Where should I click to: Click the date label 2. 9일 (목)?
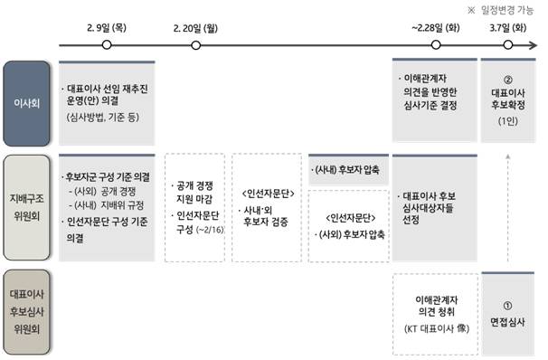point(107,28)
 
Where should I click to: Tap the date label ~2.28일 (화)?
point(436,28)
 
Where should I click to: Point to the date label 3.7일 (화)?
point(507,28)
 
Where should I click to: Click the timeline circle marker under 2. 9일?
point(107,44)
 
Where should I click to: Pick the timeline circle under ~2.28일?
point(436,44)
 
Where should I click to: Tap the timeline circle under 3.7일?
point(507,44)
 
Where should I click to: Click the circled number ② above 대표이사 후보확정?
point(507,79)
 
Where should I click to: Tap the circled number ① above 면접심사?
point(507,306)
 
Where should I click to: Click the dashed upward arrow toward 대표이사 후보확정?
point(507,208)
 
